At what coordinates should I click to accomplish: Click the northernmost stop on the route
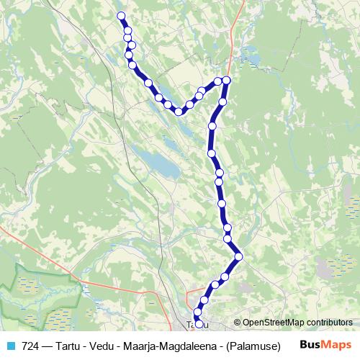pos(121,16)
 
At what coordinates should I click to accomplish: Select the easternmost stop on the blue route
pos(238,256)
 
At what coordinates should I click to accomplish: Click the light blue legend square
pos(9,345)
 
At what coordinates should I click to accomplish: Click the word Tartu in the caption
pos(69,345)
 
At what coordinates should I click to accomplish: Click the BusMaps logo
pos(326,345)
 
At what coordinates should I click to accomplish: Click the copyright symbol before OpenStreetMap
pos(237,323)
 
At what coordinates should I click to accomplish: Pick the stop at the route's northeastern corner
pos(227,80)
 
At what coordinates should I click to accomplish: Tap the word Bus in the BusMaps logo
pos(310,345)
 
